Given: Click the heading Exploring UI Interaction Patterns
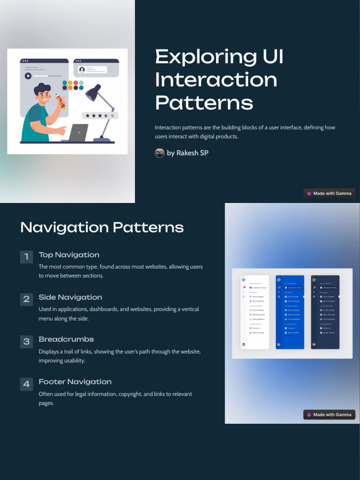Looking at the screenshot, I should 219,80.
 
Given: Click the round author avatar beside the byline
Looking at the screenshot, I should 159,153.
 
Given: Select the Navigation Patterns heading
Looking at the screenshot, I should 102,227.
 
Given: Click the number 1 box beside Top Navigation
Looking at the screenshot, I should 26,256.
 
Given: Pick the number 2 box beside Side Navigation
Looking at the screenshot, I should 26,299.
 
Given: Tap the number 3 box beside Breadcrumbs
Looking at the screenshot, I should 26,341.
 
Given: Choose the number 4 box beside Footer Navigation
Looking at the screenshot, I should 26,384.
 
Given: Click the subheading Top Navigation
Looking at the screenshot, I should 69,255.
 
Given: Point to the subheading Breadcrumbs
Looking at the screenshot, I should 66,339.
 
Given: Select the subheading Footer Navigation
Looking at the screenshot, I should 75,382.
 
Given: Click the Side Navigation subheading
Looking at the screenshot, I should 70,297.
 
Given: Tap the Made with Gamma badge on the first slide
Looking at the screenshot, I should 329,193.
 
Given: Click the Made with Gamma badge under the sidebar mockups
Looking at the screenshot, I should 329,414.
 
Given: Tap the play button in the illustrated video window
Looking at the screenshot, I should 28,76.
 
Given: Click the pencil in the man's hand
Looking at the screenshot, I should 60,102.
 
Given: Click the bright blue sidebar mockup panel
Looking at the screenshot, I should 290,312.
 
